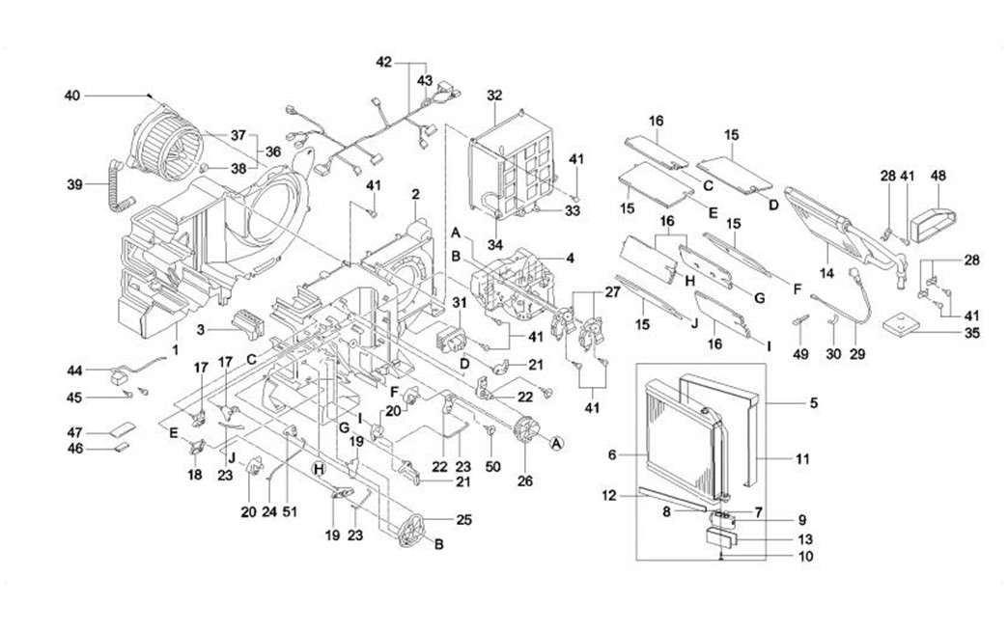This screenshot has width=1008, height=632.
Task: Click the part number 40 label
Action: (x=71, y=96)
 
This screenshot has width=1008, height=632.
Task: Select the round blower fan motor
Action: (x=168, y=146)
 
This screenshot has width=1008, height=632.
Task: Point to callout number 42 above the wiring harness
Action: (x=384, y=63)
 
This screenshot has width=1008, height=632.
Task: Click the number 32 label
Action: (x=495, y=96)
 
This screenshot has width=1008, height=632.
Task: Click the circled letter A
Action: (x=556, y=443)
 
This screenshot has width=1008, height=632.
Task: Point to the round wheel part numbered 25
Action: (x=411, y=530)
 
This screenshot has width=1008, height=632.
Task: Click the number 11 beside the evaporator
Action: (x=802, y=458)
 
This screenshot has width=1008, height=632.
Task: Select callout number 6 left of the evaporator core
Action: (x=613, y=454)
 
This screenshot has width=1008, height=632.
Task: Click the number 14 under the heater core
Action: (x=826, y=274)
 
